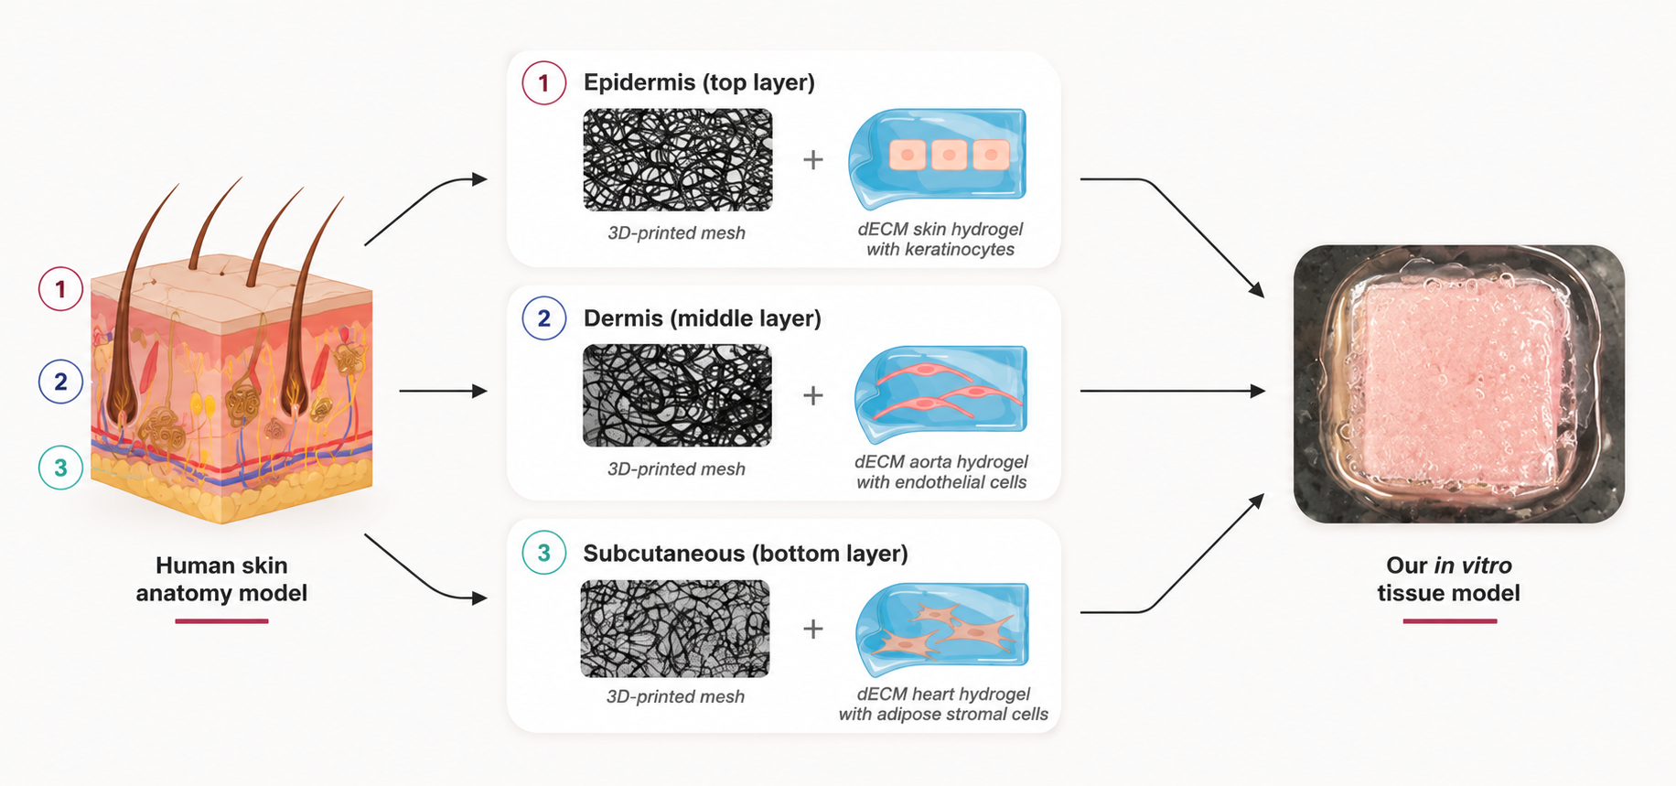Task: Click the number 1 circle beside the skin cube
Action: tap(60, 289)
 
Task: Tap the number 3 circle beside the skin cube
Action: tap(60, 468)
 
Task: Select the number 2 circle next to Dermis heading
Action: tap(544, 318)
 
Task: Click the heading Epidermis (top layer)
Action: tap(699, 82)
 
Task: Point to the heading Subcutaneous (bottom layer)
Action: tap(746, 554)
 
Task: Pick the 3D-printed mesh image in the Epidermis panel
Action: tap(678, 160)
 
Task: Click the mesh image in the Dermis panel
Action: tap(677, 395)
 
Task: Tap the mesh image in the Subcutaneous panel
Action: tap(675, 629)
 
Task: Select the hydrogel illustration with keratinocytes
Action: tap(938, 158)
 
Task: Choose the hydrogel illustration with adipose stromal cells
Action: tap(942, 629)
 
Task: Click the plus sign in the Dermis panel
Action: tap(813, 395)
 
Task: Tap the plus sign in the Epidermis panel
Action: tap(813, 160)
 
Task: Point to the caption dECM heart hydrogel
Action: tap(943, 694)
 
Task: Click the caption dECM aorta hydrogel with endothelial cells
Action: tap(941, 472)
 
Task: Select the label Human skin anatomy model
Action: tap(221, 579)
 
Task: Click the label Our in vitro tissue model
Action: tap(1449, 579)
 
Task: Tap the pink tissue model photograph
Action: tap(1459, 384)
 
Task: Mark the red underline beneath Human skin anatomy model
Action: tap(221, 621)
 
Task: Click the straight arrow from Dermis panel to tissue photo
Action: tap(1173, 391)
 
